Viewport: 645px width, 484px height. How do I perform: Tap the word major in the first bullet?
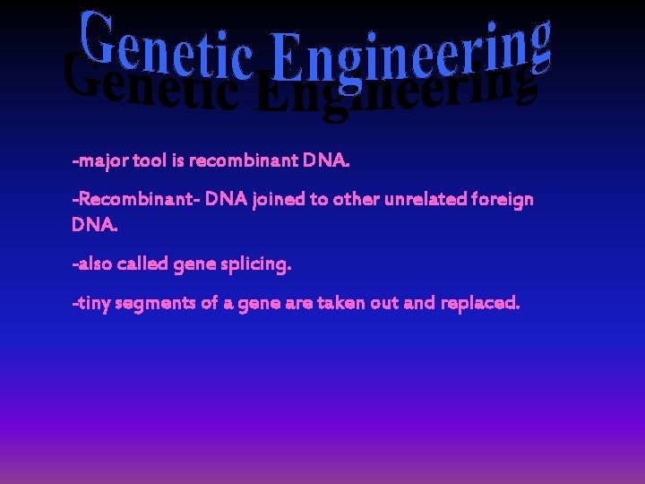(102, 162)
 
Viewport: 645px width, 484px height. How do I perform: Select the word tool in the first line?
(150, 161)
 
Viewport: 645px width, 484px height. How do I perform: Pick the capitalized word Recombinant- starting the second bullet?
(134, 199)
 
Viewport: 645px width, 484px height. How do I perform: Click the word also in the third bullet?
(95, 264)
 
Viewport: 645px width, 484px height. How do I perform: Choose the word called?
(143, 264)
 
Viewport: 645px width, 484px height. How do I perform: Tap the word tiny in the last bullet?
(93, 303)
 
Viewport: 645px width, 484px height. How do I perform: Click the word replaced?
(478, 304)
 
